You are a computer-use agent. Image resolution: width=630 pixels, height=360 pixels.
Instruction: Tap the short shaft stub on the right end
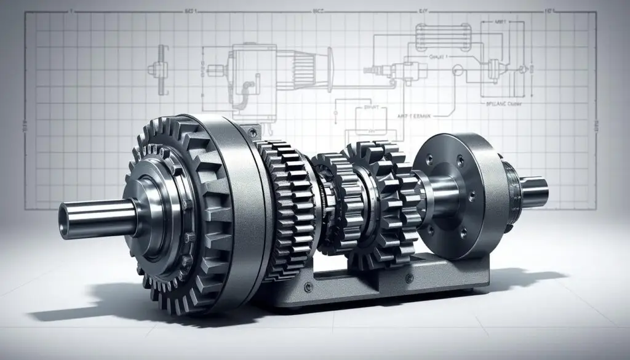(x=535, y=190)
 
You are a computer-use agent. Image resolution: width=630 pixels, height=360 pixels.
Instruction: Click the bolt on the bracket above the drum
(x=250, y=131)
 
